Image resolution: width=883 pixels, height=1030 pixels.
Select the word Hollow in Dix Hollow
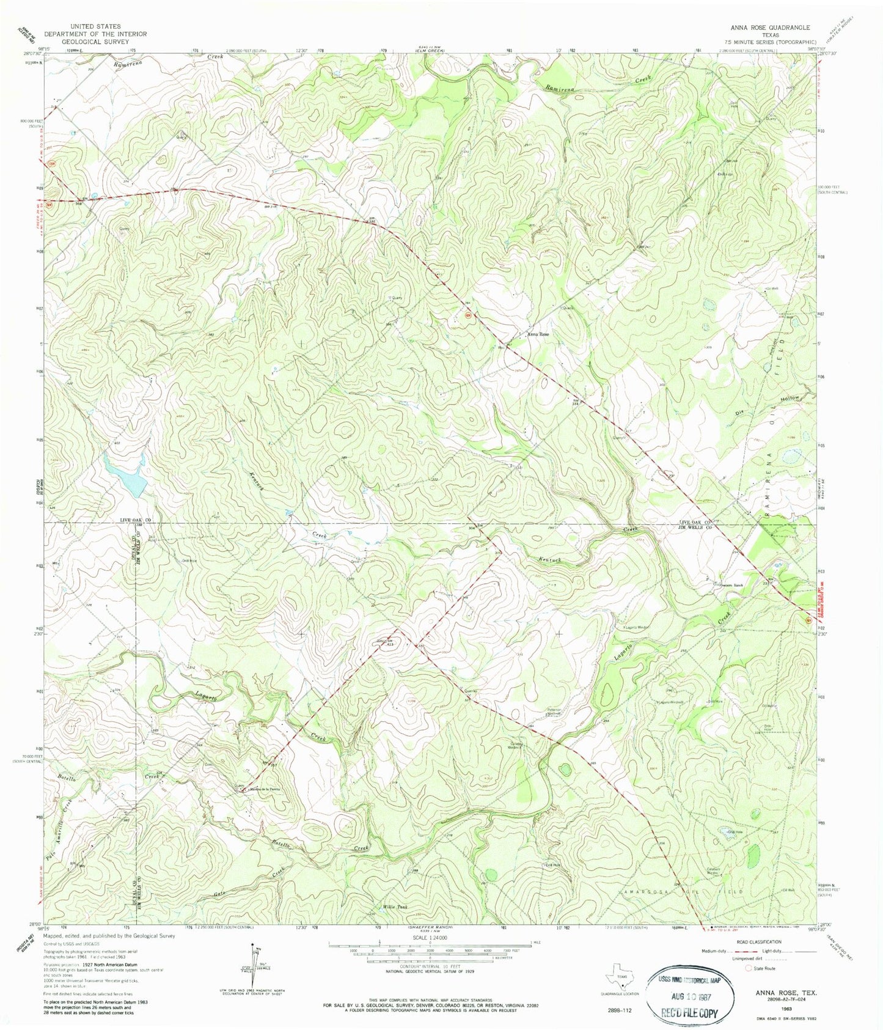tap(788, 400)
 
